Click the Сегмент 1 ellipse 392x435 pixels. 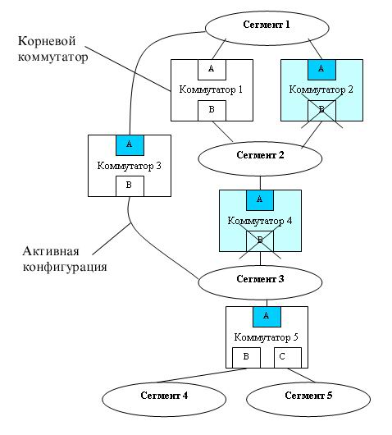[267, 28]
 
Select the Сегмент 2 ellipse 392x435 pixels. [260, 158]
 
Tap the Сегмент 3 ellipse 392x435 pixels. [260, 282]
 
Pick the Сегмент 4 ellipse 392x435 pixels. [164, 399]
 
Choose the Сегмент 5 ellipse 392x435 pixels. [308, 399]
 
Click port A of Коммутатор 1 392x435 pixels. [212, 70]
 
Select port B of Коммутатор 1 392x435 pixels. [212, 111]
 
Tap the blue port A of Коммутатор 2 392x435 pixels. [321, 70]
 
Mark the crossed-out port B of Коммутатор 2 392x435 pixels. [321, 111]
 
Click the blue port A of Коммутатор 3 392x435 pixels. [130, 145]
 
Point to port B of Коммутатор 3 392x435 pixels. [130, 186]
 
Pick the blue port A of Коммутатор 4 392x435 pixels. [260, 200]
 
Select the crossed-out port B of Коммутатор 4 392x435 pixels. [260, 241]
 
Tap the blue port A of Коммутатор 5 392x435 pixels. [267, 317]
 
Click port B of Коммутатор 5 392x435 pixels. [246, 358]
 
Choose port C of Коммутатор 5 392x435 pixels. [288, 358]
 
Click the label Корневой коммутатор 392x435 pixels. [53, 49]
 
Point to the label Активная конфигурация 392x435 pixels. [65, 259]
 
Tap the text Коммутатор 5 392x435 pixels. [267, 337]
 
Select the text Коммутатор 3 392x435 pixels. [130, 166]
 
